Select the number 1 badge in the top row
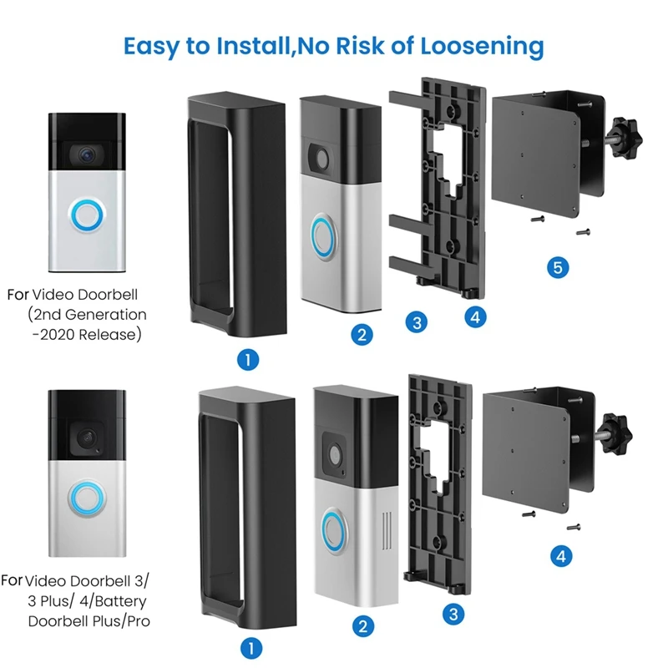[x=247, y=359]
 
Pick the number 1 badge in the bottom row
[x=247, y=646]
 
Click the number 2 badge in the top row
[x=361, y=335]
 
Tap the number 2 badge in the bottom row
[x=361, y=625]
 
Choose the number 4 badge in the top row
[x=473, y=316]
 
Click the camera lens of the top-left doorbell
[x=84, y=155]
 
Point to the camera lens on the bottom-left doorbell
[x=86, y=437]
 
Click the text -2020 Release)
[x=88, y=334]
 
